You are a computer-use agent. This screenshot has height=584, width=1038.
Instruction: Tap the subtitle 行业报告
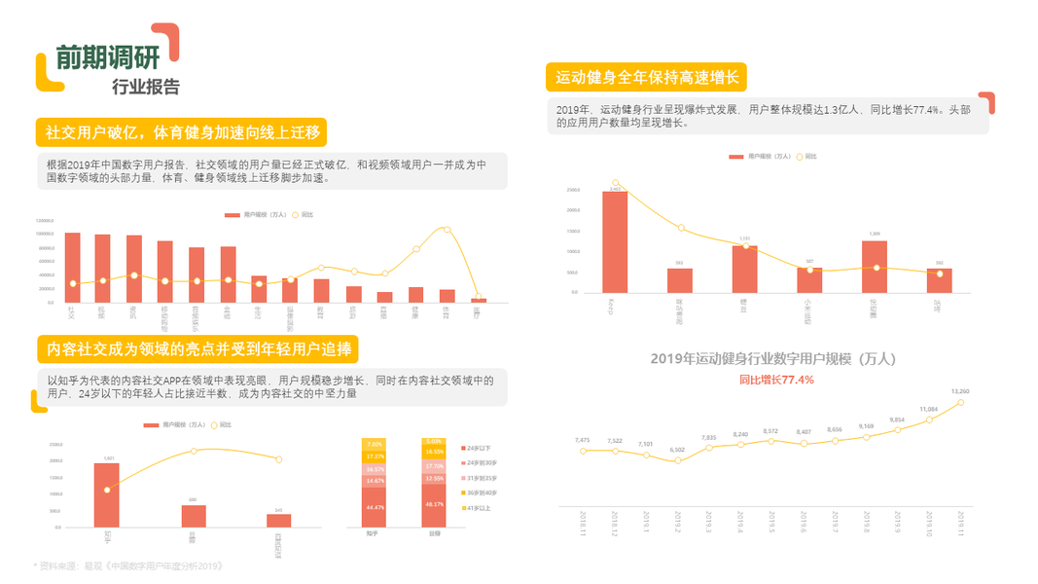tap(146, 87)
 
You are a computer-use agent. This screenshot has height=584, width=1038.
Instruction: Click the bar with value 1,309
tap(875, 267)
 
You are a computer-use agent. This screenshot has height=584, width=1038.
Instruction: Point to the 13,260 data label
tap(959, 391)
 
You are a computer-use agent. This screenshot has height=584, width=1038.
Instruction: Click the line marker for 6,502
tap(677, 459)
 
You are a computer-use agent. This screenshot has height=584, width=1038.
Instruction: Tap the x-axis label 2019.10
tap(929, 524)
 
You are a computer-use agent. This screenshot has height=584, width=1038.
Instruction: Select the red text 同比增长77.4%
tap(775, 379)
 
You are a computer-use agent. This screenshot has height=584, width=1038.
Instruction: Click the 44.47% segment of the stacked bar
tap(375, 507)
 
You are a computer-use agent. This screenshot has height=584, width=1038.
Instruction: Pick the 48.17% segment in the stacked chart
tap(434, 505)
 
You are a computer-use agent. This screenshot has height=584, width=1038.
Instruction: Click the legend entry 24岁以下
tap(478, 447)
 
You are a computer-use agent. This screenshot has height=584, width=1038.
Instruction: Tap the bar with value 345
tap(278, 520)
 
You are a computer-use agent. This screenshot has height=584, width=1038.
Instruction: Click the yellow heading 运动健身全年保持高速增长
tap(646, 77)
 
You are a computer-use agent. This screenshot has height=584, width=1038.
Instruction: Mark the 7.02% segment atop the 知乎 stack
tap(375, 444)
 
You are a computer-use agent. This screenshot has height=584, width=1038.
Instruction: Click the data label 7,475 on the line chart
tap(583, 440)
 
